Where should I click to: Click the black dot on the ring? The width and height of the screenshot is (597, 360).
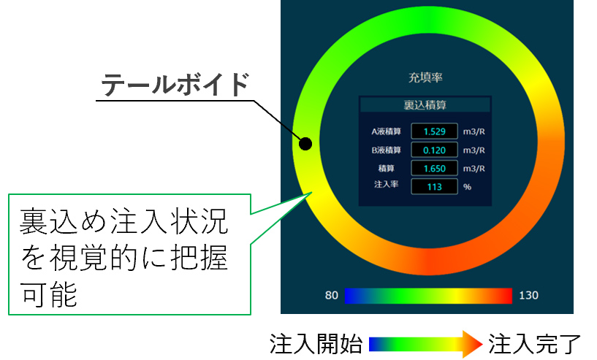point(305,144)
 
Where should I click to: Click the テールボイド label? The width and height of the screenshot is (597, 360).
point(175,84)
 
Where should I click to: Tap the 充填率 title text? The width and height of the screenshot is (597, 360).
point(425,77)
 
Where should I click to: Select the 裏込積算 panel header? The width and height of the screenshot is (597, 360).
point(425,104)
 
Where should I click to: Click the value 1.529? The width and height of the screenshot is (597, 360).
point(435,131)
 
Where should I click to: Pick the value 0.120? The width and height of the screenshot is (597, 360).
point(435,150)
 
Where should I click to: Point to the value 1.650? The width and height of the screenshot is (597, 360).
point(435,169)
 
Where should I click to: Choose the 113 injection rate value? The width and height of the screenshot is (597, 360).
point(435,187)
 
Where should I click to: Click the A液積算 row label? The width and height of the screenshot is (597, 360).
point(386,131)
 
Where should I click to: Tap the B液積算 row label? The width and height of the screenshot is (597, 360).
point(386,150)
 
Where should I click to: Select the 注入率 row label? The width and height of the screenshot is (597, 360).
point(386,184)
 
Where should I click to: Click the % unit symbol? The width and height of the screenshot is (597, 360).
point(467,187)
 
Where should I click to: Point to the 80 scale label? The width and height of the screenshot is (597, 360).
point(331,295)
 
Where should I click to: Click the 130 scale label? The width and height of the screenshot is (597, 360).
point(528,295)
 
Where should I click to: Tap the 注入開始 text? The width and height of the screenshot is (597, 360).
point(316,344)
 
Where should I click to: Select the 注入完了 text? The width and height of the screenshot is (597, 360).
point(535,344)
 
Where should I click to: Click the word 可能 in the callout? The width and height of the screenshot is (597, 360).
point(49,294)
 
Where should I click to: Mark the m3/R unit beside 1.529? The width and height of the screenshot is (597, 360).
point(474,131)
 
